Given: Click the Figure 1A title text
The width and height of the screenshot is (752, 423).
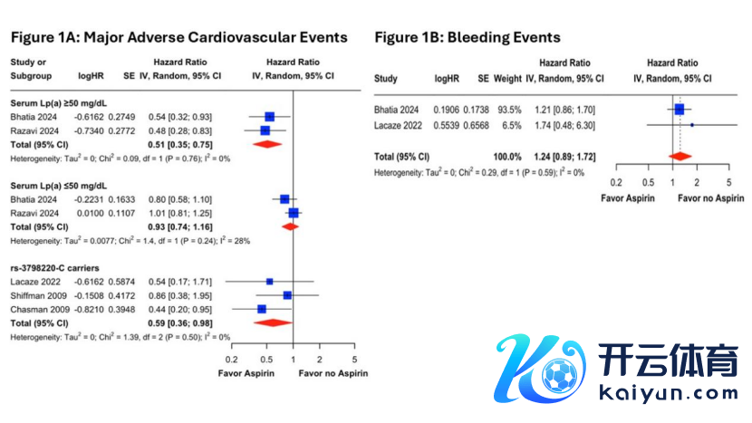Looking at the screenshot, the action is [178, 37].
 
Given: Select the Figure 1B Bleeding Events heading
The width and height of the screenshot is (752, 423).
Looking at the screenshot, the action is [468, 37].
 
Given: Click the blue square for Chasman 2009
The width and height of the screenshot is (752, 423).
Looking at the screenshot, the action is [261, 310].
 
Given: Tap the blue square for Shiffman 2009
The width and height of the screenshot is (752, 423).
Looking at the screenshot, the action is [287, 295].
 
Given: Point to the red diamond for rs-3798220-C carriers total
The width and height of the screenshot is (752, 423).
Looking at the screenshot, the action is [273, 322].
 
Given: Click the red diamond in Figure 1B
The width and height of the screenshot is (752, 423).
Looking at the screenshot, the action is [680, 157].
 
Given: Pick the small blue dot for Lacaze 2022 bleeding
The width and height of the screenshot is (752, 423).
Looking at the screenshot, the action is [692, 125].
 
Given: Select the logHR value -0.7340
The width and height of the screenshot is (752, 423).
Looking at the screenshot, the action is [89, 131].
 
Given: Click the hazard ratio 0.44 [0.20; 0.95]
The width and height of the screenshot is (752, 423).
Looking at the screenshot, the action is [180, 310].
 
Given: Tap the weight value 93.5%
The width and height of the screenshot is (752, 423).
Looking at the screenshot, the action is [509, 110].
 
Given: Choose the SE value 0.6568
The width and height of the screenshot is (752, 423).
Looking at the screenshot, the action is [477, 126].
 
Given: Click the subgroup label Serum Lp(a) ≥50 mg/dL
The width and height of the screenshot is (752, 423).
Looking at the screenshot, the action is [59, 103].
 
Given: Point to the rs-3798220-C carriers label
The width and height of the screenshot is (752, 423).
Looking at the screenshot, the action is [54, 268].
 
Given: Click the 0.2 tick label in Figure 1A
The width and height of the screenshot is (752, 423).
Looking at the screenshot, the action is [232, 360].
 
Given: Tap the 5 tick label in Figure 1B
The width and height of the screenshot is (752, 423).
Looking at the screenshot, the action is [729, 183].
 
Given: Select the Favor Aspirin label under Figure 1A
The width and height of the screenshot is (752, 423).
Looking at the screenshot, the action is [246, 373].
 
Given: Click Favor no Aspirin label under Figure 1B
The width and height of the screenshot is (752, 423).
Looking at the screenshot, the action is [710, 198].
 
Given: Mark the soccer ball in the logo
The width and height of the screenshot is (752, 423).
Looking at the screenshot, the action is [559, 376].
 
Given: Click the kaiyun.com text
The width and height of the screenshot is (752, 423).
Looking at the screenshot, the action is [669, 394].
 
